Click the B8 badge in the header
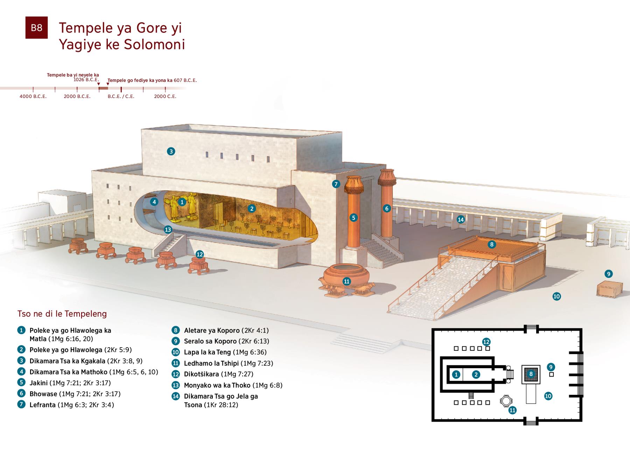pos(36,28)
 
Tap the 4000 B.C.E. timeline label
pos(33,96)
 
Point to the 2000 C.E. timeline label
pos(165,96)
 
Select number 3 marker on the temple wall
pos(171,151)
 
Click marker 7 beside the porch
pos(336,184)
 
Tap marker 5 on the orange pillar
pos(353,218)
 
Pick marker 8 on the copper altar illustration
pos(492,244)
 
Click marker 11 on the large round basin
pos(346,281)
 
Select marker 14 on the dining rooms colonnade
pos(461,219)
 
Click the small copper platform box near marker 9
pos(610,290)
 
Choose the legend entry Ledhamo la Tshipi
pos(212,363)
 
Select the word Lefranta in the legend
pos(43,405)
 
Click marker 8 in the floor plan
pos(531,374)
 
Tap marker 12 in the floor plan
pos(486,342)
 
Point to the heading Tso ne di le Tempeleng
pos(62,314)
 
